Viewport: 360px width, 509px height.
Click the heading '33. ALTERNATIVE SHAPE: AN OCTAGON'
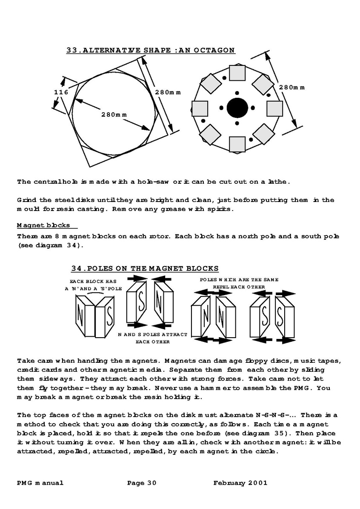tap(150, 50)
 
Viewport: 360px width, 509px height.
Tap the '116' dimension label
tap(61, 92)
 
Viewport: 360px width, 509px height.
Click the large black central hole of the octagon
tap(237, 108)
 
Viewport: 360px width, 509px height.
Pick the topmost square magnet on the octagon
tap(237, 72)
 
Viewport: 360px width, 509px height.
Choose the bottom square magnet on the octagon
tap(237, 144)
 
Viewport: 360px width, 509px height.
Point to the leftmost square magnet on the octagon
tap(200, 108)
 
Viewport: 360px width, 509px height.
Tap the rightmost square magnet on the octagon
tap(274, 108)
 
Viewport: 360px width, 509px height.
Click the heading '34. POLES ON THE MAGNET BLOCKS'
tap(145, 268)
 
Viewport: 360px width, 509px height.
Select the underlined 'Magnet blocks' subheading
tap(43, 225)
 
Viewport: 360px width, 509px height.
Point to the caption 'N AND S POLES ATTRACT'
tap(152, 335)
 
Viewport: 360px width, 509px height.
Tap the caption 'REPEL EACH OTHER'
tap(239, 287)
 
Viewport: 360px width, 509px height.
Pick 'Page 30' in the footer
tap(142, 483)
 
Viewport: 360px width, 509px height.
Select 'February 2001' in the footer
tap(240, 483)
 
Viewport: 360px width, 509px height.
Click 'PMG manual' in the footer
tap(40, 483)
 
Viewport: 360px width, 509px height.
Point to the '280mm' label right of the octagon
tap(292, 87)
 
